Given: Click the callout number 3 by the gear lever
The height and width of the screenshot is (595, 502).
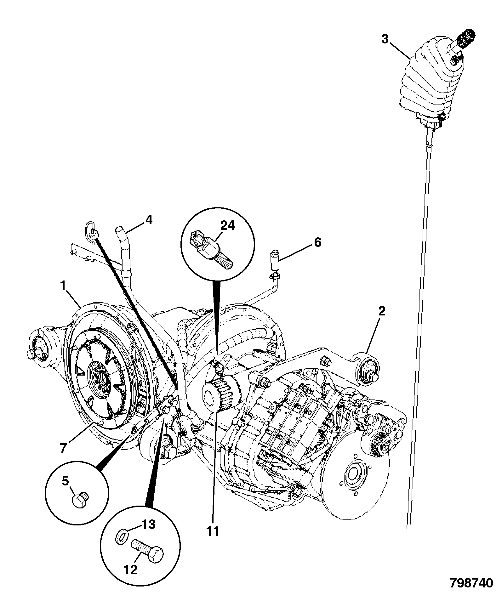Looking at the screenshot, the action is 385,40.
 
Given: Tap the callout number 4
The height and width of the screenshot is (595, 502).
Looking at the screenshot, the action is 149,220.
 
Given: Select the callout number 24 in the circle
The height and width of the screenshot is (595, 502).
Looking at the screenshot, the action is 227,225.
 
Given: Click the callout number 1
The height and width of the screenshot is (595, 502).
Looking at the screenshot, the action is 63,286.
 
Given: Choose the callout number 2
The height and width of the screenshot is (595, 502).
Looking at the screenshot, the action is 381,312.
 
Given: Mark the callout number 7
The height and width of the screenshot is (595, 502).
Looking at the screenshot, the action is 63,448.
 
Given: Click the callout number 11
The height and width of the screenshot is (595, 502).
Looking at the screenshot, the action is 213,531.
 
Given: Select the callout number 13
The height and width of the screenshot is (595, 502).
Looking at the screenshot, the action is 148,524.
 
